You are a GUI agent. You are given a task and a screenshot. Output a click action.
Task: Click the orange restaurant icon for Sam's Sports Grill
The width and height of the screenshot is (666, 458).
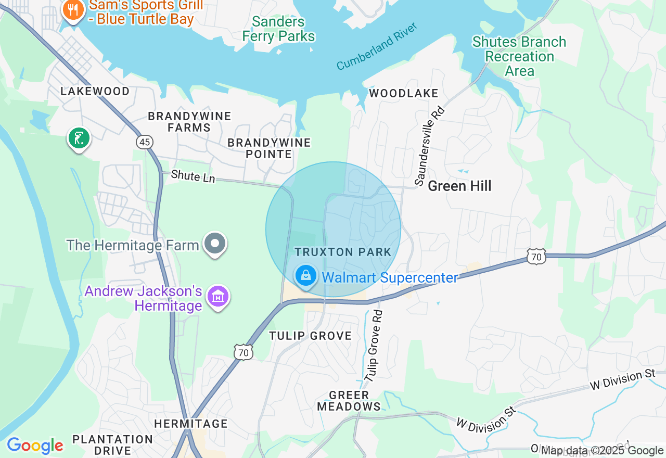tap(74, 10)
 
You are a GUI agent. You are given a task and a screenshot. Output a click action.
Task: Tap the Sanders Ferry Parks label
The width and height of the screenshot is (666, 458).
tap(278, 29)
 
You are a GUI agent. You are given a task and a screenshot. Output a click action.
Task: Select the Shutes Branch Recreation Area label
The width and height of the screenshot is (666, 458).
tap(519, 56)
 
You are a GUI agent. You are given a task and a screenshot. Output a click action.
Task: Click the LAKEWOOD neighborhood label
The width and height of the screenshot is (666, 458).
tap(95, 92)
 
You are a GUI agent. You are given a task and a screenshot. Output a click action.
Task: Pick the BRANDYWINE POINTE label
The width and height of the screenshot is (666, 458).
tap(269, 148)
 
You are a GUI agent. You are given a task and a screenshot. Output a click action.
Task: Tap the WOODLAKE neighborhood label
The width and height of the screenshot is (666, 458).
tap(404, 94)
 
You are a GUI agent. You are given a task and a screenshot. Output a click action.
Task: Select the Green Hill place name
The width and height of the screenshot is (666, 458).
tap(459, 186)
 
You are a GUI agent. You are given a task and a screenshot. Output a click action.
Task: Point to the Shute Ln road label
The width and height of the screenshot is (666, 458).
tap(193, 176)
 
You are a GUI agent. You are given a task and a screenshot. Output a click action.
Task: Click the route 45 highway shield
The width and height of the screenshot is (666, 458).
tap(145, 142)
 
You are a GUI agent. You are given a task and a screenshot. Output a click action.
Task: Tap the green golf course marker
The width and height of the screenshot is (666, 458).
tap(79, 138)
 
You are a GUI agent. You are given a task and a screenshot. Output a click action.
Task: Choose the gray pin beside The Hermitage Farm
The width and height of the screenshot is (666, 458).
tap(215, 244)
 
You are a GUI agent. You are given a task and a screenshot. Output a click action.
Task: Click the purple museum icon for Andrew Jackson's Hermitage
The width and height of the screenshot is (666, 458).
tap(218, 297)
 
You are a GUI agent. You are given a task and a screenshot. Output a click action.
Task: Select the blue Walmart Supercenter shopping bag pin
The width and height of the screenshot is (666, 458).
tap(306, 276)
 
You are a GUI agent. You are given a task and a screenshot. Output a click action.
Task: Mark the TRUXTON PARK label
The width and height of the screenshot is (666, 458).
tap(343, 252)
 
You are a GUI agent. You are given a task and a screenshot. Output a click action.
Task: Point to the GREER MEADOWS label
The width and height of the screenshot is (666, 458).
tap(349, 401)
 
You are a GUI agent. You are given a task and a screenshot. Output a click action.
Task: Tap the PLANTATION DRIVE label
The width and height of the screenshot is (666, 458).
tap(112, 446)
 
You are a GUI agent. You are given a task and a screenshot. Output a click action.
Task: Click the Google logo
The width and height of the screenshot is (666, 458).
tap(35, 446)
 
